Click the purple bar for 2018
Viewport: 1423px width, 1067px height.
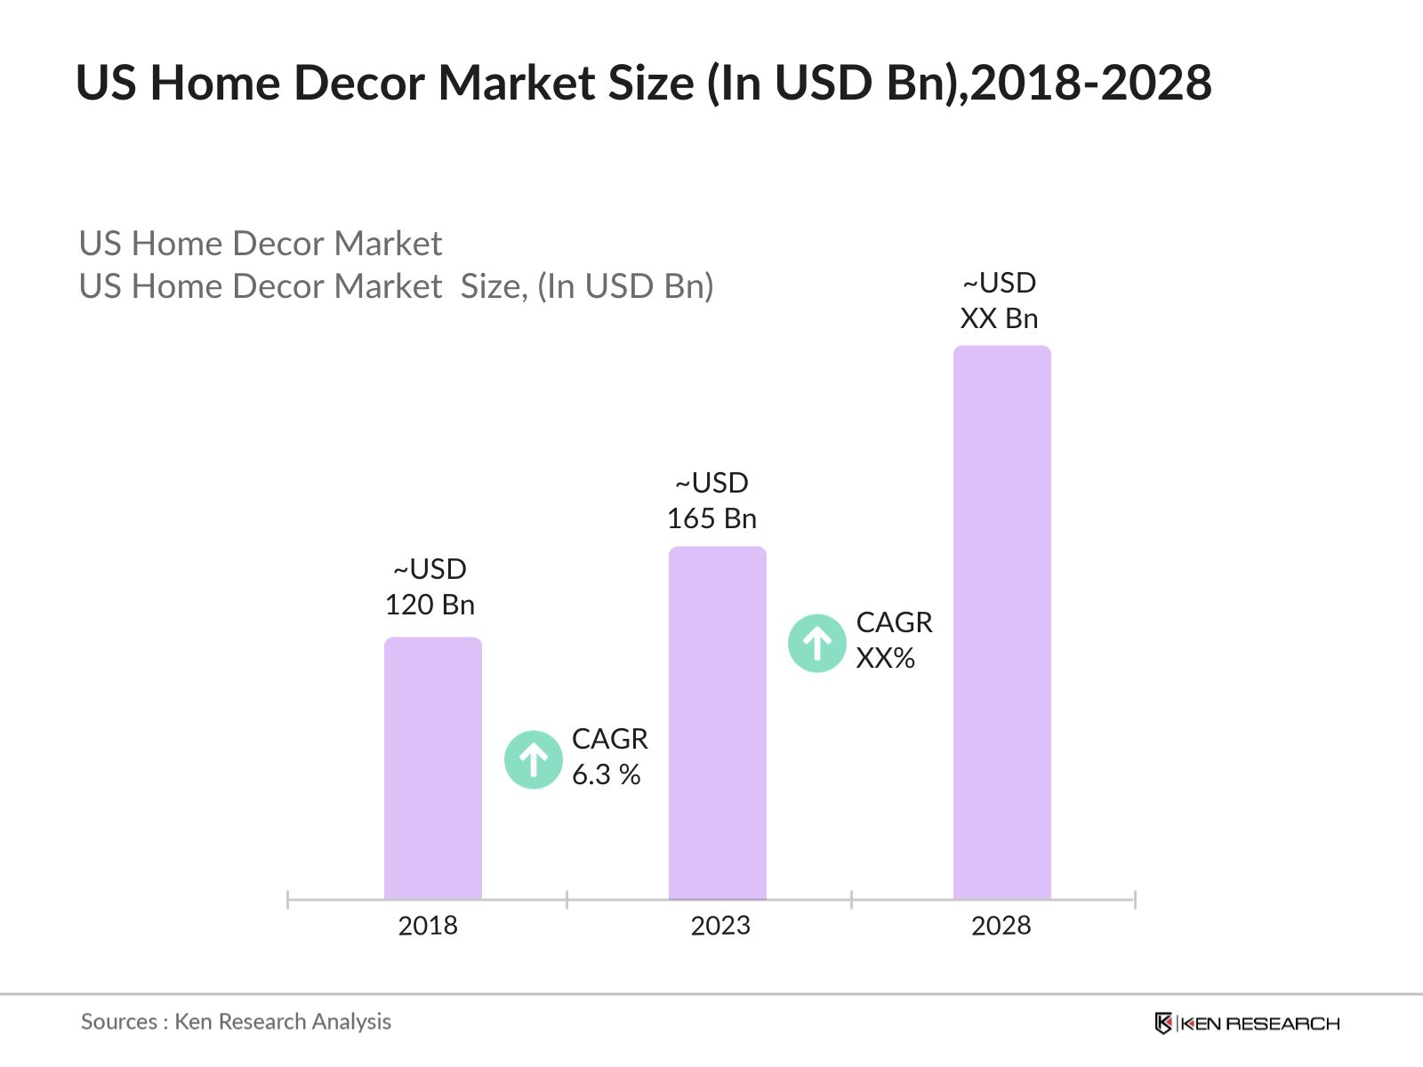point(432,769)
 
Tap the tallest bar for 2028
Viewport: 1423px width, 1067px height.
point(1001,622)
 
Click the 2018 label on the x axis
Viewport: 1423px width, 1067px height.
point(428,926)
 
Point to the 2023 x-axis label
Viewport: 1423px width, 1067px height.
point(720,926)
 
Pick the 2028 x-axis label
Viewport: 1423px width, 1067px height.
point(1001,926)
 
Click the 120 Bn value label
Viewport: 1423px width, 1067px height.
point(430,605)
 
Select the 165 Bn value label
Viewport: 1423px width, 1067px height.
point(711,518)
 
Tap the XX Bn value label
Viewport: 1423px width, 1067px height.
point(999,318)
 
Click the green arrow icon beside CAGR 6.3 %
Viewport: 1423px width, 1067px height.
point(534,759)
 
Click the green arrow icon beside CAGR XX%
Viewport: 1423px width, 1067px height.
point(816,643)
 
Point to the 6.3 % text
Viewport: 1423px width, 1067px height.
point(606,774)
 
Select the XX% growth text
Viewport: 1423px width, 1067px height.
point(885,658)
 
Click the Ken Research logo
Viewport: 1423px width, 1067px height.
point(1246,1023)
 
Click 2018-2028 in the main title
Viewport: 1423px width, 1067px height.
point(1091,83)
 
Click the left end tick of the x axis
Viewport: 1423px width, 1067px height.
point(288,900)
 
